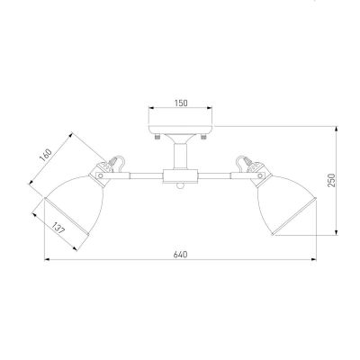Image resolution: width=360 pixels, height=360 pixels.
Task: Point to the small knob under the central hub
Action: coord(180,187)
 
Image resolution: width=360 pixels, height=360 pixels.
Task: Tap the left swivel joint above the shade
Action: coord(106,169)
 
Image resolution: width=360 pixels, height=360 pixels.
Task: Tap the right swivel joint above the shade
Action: coord(251,169)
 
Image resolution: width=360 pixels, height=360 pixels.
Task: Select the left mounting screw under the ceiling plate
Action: coord(157,139)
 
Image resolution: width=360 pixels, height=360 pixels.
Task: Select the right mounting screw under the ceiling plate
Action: coord(202,139)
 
